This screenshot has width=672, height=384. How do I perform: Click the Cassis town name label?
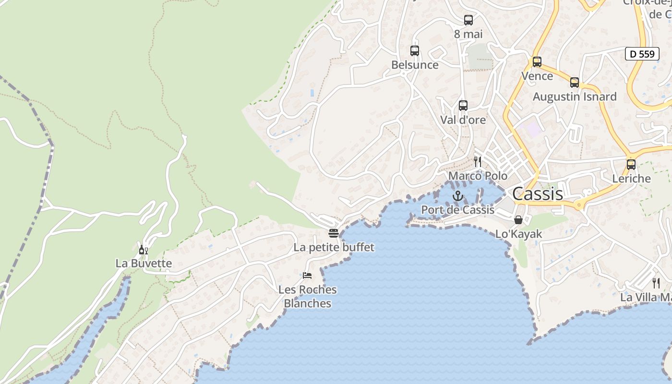(x=538, y=194)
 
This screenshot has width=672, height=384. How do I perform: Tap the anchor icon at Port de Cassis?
(x=457, y=196)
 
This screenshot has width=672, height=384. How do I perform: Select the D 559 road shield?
(x=642, y=54)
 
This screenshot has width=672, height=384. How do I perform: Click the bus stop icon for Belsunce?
(x=415, y=51)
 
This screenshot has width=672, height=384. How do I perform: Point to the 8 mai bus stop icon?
(x=468, y=20)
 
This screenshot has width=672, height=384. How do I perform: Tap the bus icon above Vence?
(x=537, y=62)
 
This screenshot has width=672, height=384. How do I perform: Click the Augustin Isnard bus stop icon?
(x=575, y=83)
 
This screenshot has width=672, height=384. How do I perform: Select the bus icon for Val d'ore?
(x=463, y=106)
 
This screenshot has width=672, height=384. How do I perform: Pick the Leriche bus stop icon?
(x=631, y=165)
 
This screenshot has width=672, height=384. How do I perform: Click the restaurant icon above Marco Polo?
(x=478, y=161)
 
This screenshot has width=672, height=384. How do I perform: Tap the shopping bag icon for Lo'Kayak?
(x=518, y=220)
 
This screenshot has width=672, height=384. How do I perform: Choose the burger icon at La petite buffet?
(x=334, y=233)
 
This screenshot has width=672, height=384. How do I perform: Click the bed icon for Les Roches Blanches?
(x=307, y=276)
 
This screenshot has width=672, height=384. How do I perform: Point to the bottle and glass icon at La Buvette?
(x=143, y=250)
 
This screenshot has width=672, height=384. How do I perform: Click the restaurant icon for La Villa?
(x=656, y=283)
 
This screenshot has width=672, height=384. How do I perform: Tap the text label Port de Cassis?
(x=457, y=210)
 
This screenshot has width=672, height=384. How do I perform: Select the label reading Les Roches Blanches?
(x=308, y=297)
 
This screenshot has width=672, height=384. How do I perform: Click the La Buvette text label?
(x=144, y=263)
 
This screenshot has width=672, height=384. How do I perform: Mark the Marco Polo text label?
(x=478, y=176)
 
